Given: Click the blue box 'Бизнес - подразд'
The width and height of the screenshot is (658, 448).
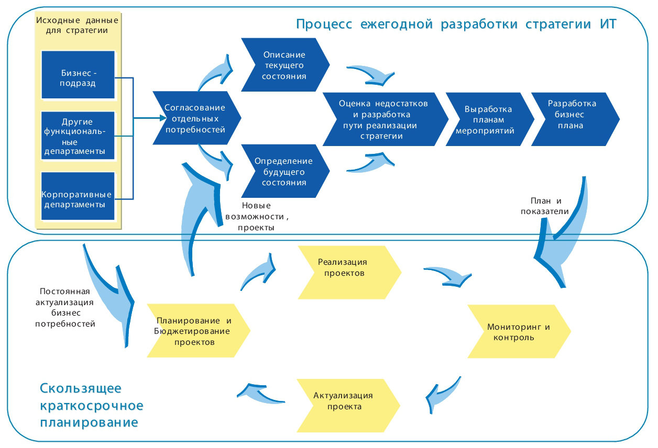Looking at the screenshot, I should (78, 75).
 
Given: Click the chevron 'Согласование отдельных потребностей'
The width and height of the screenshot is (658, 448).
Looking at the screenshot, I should (195, 118).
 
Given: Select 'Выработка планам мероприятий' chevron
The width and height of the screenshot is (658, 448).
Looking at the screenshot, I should (487, 119).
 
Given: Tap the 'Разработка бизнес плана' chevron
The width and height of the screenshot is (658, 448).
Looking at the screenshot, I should (573, 118).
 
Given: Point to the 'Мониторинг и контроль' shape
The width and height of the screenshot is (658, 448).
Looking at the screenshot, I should (518, 332).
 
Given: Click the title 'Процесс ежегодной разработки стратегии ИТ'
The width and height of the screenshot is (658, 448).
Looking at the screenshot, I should (456, 25).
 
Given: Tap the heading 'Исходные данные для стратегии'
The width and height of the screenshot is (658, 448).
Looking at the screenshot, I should (78, 25).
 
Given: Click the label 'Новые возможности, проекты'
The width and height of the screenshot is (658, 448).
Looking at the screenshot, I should (257, 217).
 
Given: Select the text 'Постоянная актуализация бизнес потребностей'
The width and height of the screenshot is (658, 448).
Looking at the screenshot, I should (65, 308).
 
